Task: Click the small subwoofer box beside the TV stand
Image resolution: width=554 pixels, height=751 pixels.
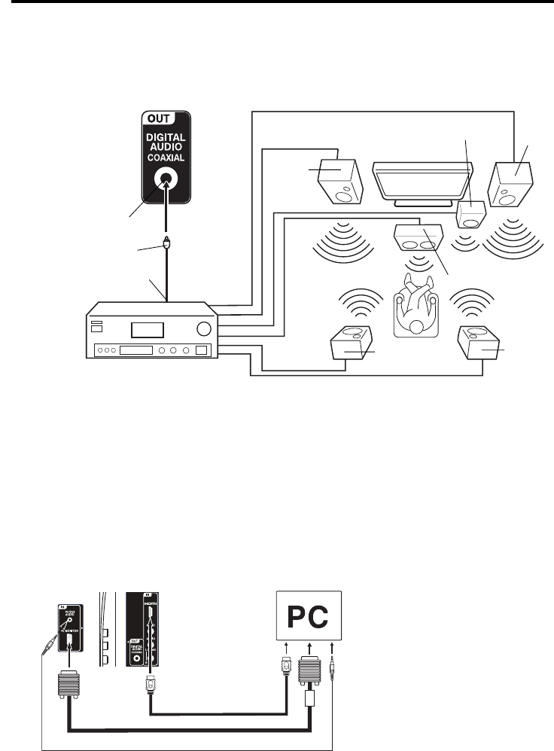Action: click(472, 215)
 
